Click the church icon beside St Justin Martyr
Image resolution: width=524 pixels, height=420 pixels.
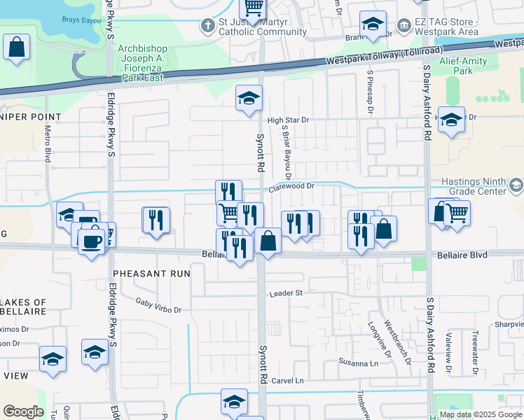pos(207,26)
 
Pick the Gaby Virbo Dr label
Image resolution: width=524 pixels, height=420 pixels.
pos(158,304)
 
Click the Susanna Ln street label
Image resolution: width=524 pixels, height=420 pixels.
pos(359,363)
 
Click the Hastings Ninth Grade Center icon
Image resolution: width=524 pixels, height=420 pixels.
pos(516,185)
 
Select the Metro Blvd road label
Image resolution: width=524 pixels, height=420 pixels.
pos(48,140)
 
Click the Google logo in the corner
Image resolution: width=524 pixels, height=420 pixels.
pos(23,412)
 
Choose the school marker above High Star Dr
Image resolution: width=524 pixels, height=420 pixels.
pos(249,99)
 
